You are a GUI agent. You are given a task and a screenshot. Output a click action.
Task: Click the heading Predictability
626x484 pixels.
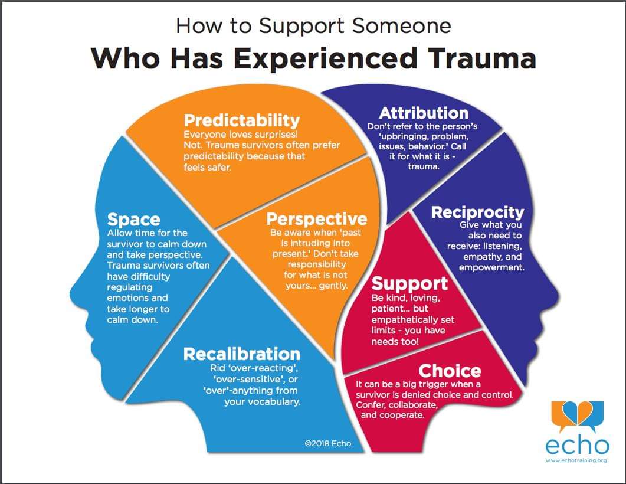click(x=242, y=121)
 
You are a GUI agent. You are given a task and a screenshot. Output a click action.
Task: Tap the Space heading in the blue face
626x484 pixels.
click(x=133, y=220)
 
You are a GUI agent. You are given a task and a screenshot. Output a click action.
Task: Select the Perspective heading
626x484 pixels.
click(x=316, y=220)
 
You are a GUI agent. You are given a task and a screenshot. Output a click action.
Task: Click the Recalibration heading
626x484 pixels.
click(x=241, y=354)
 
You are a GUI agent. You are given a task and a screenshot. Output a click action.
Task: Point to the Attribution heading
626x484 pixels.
click(x=424, y=113)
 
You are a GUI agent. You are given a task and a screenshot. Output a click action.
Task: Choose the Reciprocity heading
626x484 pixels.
click(x=477, y=212)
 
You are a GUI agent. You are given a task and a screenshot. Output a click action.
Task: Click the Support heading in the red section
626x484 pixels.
click(x=409, y=283)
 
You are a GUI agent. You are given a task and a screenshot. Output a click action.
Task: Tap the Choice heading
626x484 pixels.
click(x=450, y=371)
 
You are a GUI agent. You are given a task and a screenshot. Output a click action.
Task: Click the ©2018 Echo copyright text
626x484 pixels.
click(x=327, y=443)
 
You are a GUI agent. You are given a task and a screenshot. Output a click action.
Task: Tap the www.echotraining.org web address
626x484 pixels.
click(x=576, y=460)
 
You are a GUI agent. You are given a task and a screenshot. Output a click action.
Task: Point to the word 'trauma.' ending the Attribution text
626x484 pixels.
click(x=423, y=167)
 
